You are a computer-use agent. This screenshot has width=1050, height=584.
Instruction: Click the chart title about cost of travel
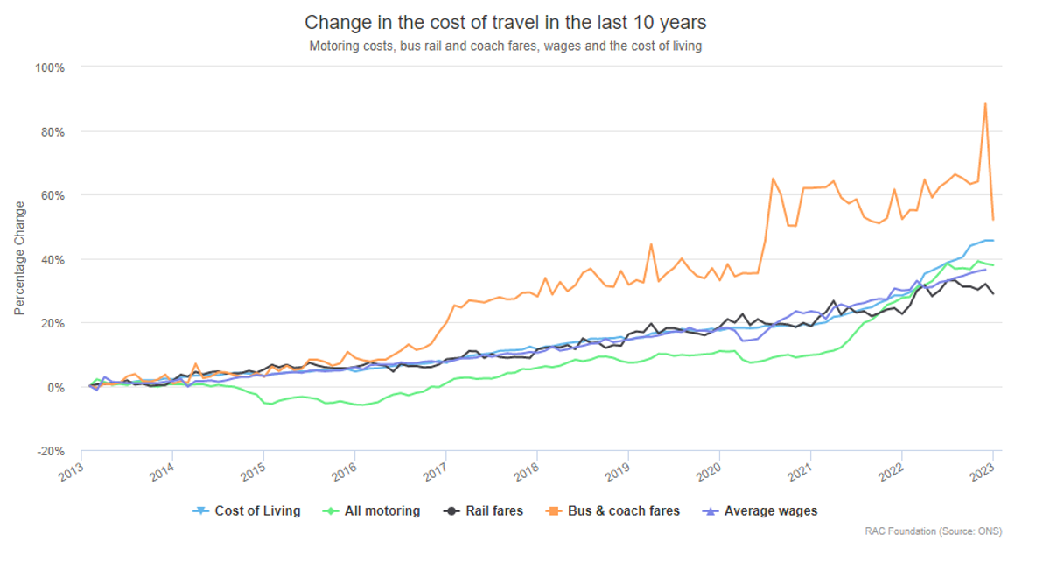[505, 22]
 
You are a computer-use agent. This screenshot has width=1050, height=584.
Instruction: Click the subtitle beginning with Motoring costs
[505, 46]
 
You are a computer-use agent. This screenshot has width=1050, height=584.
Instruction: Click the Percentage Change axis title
[19, 259]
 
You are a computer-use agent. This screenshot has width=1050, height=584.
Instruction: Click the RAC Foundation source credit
[933, 531]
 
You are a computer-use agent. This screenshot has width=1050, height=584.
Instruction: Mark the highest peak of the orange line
[985, 103]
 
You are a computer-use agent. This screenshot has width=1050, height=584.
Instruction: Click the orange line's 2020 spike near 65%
[773, 179]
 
